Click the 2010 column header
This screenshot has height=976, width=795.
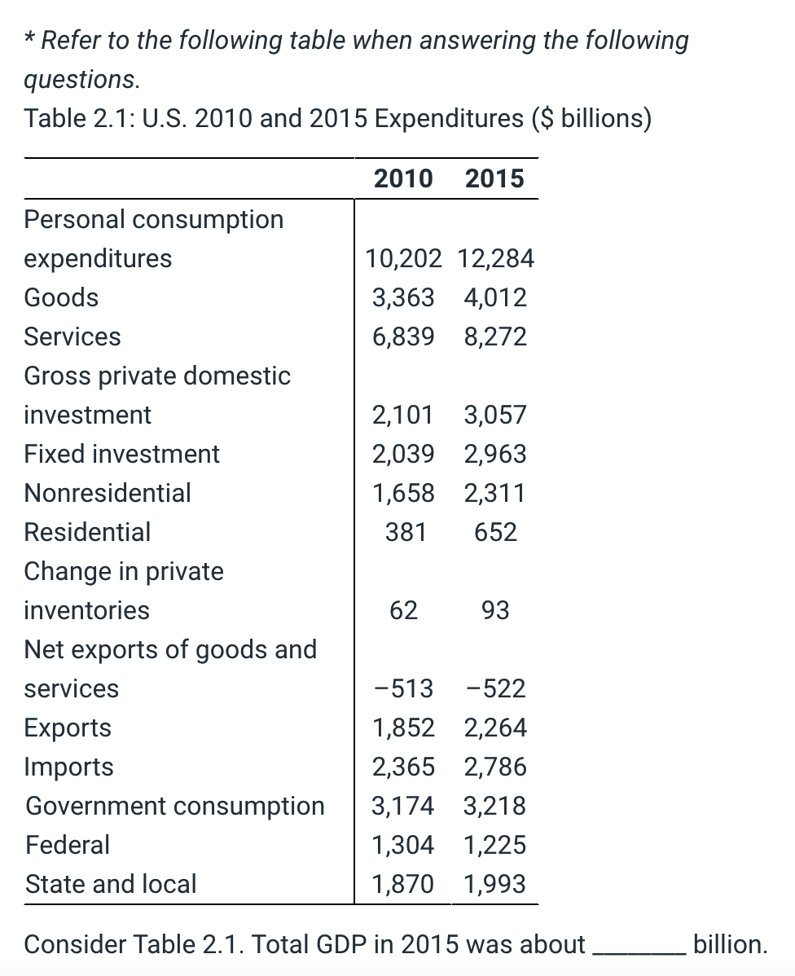click(403, 178)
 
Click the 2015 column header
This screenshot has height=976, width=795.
click(494, 178)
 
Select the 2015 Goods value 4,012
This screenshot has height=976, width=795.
click(495, 297)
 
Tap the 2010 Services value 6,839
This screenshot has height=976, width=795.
click(403, 336)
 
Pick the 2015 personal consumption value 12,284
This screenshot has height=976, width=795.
click(495, 258)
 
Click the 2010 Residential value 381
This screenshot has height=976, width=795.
click(406, 532)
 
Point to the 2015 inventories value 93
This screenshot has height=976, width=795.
click(495, 610)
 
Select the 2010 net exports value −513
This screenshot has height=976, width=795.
click(403, 688)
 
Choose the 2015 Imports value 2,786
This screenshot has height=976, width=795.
click(495, 767)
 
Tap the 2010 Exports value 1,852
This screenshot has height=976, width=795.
click(403, 728)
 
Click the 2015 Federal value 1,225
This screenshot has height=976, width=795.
click(495, 845)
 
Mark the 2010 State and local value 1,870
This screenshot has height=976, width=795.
click(403, 884)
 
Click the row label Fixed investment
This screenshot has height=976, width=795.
click(122, 454)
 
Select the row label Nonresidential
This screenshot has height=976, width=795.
click(108, 493)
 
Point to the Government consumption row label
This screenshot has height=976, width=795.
click(175, 806)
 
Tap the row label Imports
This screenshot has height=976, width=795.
click(69, 767)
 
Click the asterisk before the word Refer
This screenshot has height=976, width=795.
click(30, 39)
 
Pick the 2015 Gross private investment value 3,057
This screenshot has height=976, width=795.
click(495, 415)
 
